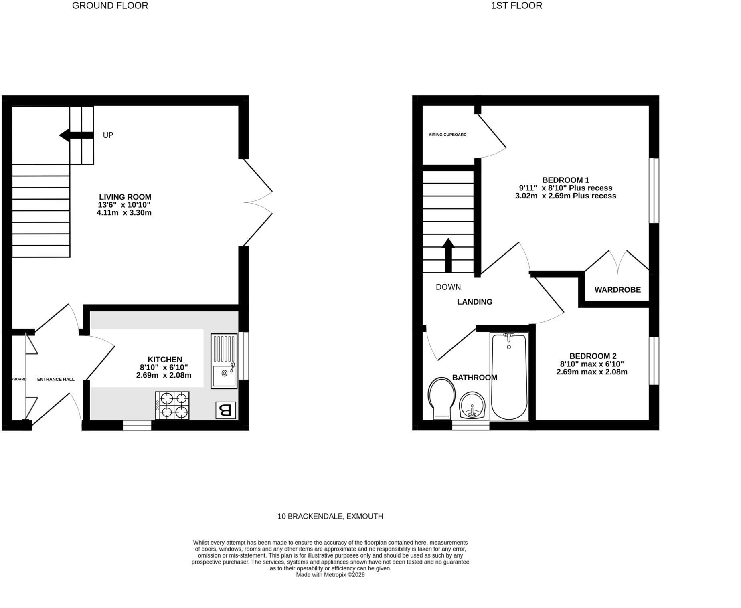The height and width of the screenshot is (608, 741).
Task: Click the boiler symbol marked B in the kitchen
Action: [226, 410]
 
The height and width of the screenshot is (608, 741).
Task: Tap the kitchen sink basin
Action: [224, 377]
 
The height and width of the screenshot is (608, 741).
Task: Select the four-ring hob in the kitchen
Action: [172, 405]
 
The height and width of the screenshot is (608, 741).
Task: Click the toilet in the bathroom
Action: [442, 398]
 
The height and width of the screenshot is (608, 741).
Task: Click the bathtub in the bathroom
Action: [509, 376]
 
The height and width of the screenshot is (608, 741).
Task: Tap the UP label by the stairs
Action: [108, 135]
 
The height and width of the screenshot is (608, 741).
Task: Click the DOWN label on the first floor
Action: [448, 287]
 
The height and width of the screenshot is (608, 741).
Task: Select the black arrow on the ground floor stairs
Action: [76, 135]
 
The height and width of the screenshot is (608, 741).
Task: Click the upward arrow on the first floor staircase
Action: [448, 256]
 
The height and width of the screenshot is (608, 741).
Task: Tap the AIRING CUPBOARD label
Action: [447, 135]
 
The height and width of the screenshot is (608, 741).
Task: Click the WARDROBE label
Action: [617, 290]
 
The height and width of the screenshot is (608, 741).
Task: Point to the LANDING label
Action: [475, 302]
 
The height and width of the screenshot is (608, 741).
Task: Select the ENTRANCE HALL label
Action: [56, 379]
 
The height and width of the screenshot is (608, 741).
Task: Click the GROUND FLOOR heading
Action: [110, 6]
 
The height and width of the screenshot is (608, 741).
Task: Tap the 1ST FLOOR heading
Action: [516, 6]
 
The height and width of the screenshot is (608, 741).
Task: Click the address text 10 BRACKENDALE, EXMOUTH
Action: [330, 517]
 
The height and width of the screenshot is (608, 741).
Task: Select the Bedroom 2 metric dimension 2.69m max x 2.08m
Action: [592, 372]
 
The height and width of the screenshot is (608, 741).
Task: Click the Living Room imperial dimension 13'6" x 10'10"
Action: [124, 205]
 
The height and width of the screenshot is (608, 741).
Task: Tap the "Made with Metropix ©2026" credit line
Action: [330, 575]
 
